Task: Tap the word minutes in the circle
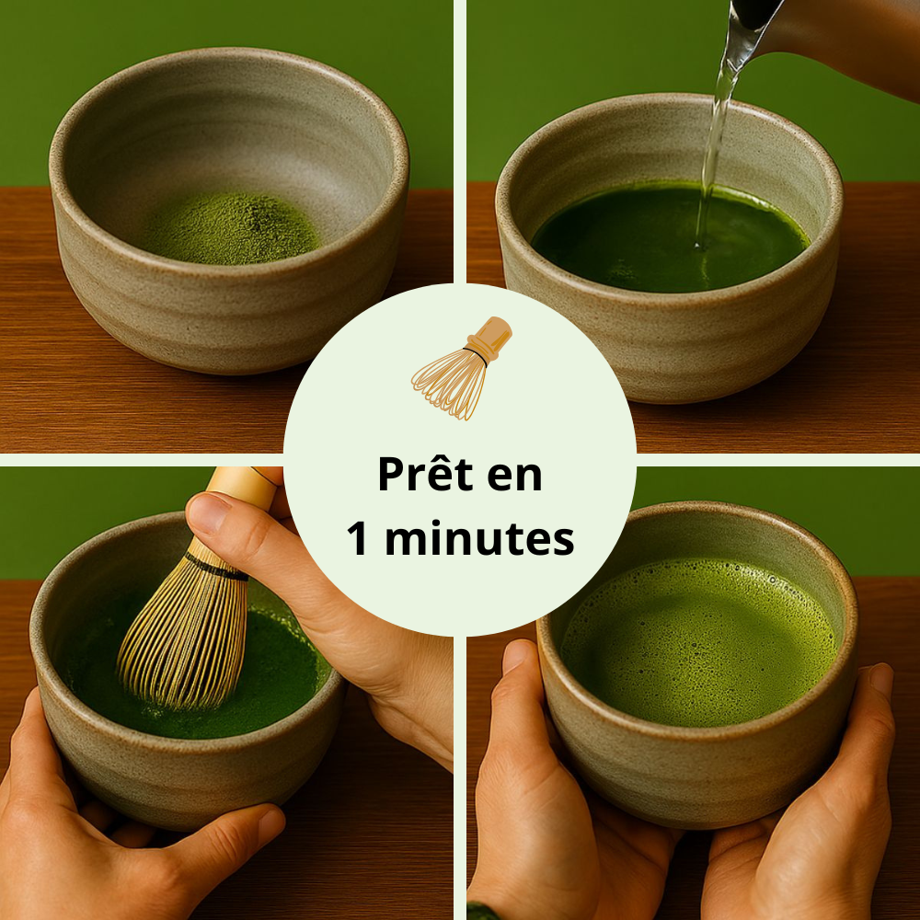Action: tap(479, 539)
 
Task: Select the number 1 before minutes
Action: tap(359, 539)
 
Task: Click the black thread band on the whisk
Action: tap(216, 566)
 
